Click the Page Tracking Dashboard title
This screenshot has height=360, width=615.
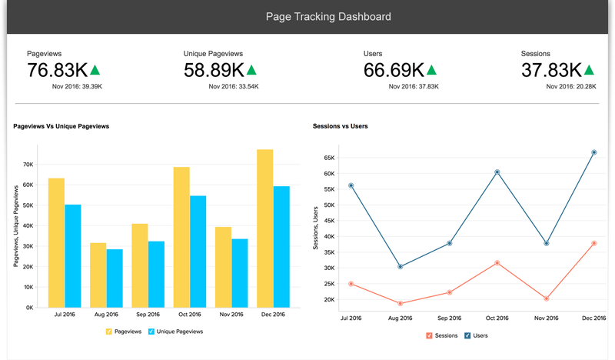pos(328,16)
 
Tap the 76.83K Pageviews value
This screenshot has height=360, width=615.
pos(57,70)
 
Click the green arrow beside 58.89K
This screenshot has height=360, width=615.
pos(251,70)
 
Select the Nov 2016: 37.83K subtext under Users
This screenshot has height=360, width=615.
pos(414,86)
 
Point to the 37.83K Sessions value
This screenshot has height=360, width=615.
pos(551,70)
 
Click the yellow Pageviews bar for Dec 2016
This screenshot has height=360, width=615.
pos(265,228)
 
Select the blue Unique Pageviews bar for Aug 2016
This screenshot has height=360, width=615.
pos(115,278)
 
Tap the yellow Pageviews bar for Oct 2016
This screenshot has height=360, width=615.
pos(181,237)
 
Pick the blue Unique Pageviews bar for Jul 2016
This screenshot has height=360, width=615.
pos(73,256)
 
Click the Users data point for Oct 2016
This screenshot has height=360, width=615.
pos(497,172)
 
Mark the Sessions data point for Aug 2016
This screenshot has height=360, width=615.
pos(400,304)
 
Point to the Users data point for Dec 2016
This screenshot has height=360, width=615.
pos(594,152)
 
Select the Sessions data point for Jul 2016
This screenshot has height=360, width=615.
pos(351,284)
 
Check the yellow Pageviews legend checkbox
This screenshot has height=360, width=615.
pos(108,332)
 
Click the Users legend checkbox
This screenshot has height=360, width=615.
pos(467,335)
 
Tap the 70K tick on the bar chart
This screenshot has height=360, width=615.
pos(28,165)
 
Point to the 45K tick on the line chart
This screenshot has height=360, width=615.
pos(330,221)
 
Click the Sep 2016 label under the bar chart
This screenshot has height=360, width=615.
pos(148,315)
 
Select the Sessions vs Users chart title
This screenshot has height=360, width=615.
pos(341,126)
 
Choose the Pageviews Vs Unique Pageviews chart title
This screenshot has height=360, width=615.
pos(61,126)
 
